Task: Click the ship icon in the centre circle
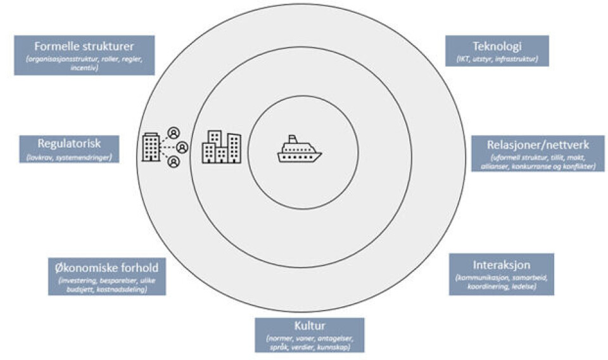pyautogui.click(x=300, y=150)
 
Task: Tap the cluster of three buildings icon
pyautogui.click(x=221, y=148)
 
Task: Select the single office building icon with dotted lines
pyautogui.click(x=151, y=147)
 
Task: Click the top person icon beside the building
pyautogui.click(x=174, y=133)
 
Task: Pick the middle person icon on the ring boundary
pyautogui.click(x=182, y=147)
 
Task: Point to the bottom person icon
pyautogui.click(x=174, y=162)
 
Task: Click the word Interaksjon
pyautogui.click(x=501, y=264)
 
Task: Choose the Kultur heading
pyautogui.click(x=310, y=327)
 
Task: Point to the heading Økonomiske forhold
pyautogui.click(x=106, y=266)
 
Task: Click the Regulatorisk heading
pyautogui.click(x=69, y=144)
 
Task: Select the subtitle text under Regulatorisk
pyautogui.click(x=69, y=156)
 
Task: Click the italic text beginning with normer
pyautogui.click(x=310, y=343)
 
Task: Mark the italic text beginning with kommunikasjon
pyautogui.click(x=501, y=282)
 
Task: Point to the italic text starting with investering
pyautogui.click(x=106, y=284)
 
